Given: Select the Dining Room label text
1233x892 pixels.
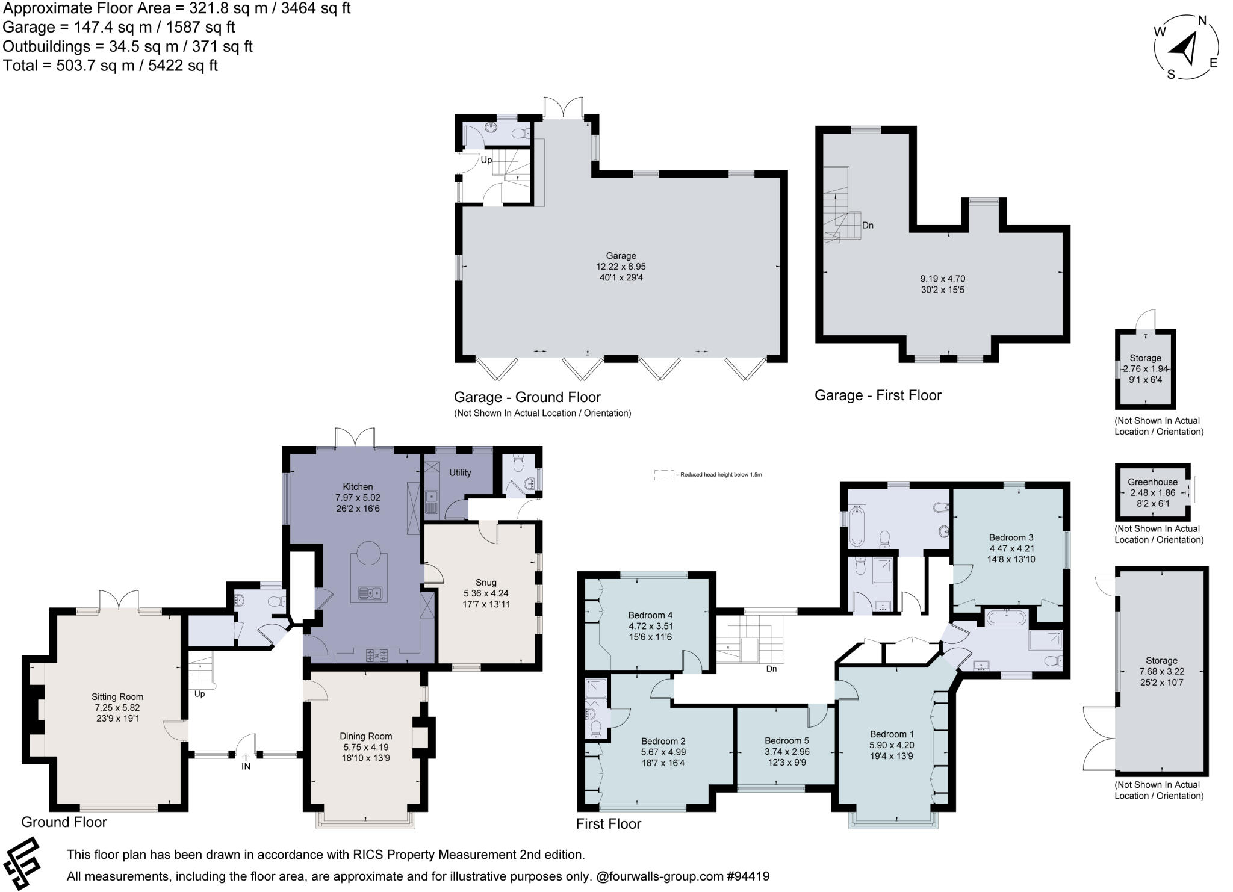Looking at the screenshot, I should click(365, 736).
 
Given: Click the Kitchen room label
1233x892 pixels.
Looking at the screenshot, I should click(358, 487).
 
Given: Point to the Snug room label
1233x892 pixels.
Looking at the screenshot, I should click(485, 583).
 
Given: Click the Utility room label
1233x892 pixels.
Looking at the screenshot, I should click(460, 473).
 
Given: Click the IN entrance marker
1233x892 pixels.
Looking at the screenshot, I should click(246, 766).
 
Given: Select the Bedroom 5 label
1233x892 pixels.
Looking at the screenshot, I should click(786, 741).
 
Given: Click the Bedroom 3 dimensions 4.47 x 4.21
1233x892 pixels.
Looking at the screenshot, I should click(1011, 548).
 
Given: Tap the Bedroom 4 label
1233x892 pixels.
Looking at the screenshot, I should click(650, 615).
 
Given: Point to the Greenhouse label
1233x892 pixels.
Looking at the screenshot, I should click(1152, 482).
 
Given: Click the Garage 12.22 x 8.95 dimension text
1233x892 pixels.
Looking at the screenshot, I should click(621, 267).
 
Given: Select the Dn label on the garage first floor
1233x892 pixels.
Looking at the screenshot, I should click(868, 226).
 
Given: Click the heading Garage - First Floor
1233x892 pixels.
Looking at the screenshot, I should click(877, 395).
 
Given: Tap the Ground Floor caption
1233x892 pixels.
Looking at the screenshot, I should click(64, 822).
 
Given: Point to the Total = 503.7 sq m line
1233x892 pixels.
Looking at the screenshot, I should click(110, 66).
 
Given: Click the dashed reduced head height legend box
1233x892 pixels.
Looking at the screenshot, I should click(663, 475).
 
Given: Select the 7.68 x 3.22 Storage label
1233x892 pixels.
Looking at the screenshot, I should click(1161, 672).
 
